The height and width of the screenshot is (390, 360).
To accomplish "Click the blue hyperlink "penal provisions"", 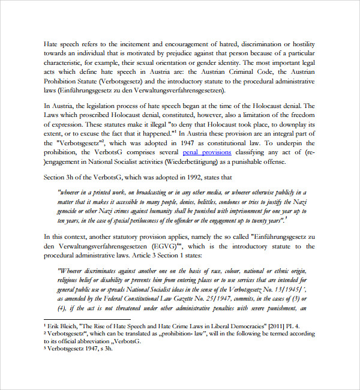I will click(206, 152).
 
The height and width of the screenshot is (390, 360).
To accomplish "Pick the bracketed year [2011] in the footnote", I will click(278, 325).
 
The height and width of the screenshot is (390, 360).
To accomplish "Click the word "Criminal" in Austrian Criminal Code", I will click(251, 71).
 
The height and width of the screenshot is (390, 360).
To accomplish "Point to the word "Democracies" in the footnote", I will click(244, 325).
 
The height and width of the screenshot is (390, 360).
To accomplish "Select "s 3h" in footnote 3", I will click(106, 347).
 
